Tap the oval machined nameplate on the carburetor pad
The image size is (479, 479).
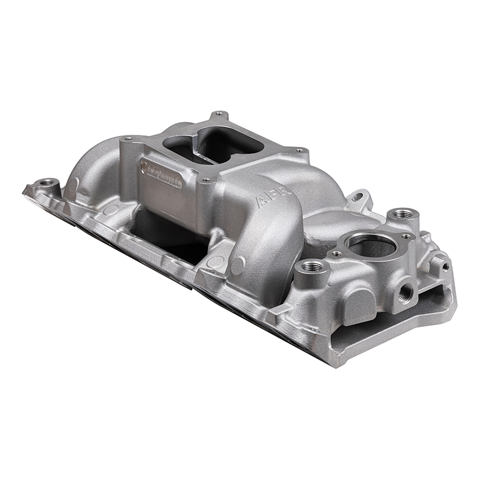pos(160,173)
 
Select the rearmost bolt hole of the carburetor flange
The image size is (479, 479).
pos(219,113)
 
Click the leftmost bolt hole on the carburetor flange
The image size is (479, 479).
pos(127,140)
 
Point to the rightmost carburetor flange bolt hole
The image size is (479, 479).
pos(299,150)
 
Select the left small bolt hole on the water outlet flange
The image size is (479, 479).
pos(337,254)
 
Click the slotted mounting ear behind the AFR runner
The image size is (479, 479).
pos(359,196)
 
